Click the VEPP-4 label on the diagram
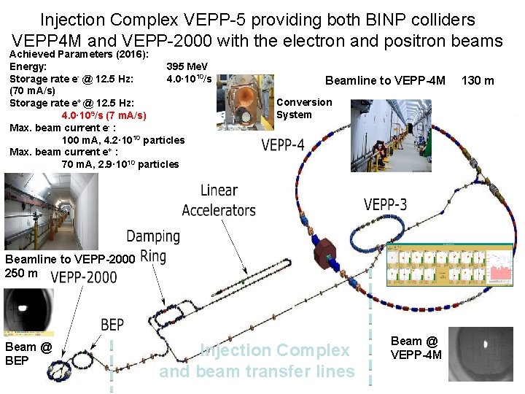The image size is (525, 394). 283,144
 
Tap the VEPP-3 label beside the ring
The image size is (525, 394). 386,204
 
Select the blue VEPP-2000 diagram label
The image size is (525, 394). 84,277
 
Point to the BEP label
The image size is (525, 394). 112,325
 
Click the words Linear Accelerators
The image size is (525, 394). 219,201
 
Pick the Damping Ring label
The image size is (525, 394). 153,245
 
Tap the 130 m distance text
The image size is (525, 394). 478,80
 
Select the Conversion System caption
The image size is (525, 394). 304,108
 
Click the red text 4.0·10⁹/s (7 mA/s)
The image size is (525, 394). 104,115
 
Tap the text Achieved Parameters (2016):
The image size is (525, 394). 79,54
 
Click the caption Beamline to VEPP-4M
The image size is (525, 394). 385,80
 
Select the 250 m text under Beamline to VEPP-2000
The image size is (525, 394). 22,273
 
